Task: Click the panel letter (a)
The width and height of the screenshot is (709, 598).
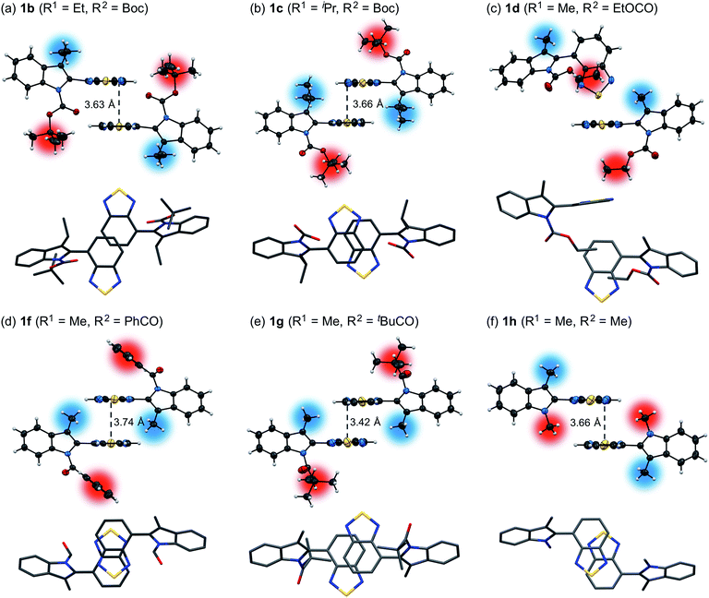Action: [x=12, y=12]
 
